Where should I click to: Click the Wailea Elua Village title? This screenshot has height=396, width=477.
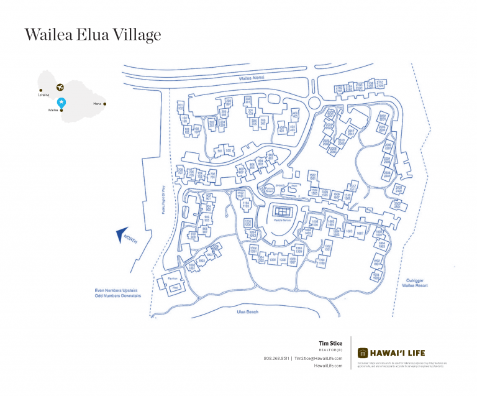(x=93, y=35)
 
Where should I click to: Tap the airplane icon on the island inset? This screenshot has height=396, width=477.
(x=60, y=88)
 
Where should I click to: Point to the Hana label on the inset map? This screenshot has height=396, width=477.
(x=97, y=104)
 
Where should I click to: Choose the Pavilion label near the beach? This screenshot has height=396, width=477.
(x=173, y=279)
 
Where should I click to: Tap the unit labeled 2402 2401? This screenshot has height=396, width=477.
(x=399, y=188)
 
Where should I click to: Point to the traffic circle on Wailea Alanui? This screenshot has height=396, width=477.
(x=314, y=101)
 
